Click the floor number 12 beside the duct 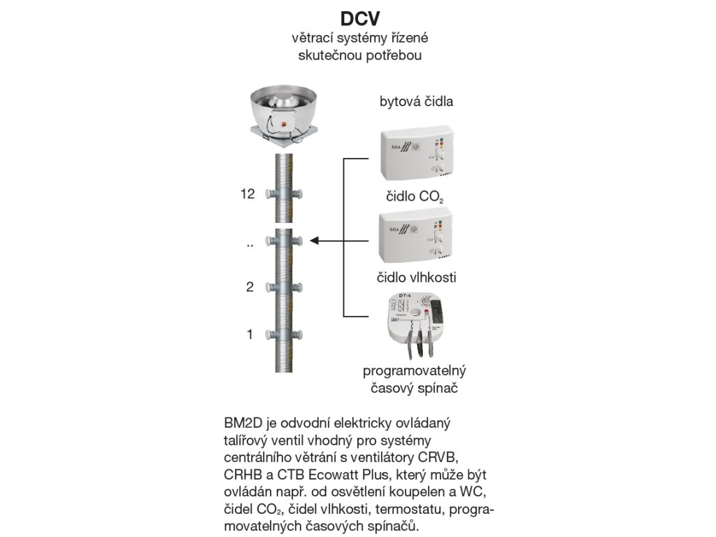pos(248,194)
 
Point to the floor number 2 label pos(250,287)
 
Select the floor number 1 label pos(250,335)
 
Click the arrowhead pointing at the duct pos(315,241)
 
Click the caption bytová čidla pos(416,101)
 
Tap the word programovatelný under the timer pos(415,370)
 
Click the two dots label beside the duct pos(249,245)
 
